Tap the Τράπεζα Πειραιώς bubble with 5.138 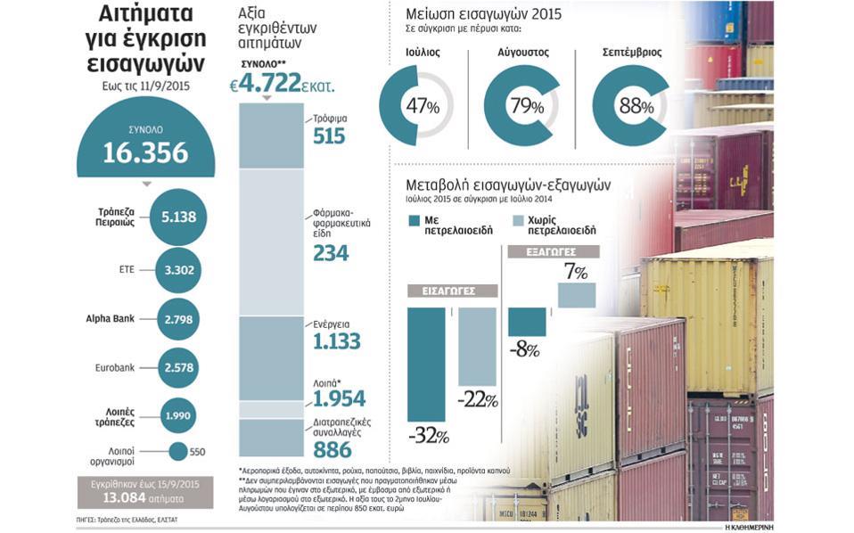point(178,217)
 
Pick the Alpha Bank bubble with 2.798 point(178,318)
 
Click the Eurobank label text point(114,367)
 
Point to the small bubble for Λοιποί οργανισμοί point(178,451)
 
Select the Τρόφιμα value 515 point(329,135)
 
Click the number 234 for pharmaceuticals point(331,252)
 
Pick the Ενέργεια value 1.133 point(336,340)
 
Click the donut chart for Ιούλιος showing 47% point(417,106)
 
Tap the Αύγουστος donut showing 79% point(521,106)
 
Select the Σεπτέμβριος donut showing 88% point(630,106)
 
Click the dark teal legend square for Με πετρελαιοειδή point(415,220)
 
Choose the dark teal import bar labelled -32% point(426,364)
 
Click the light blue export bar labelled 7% point(577,295)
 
